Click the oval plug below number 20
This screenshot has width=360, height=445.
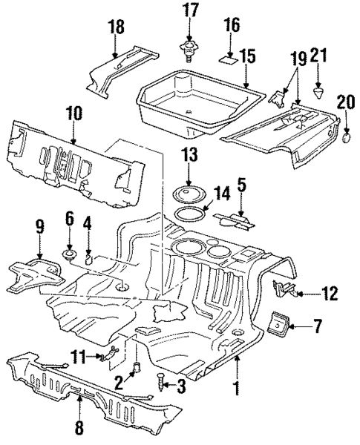point(347,136)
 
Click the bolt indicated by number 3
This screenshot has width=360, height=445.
point(161,383)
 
